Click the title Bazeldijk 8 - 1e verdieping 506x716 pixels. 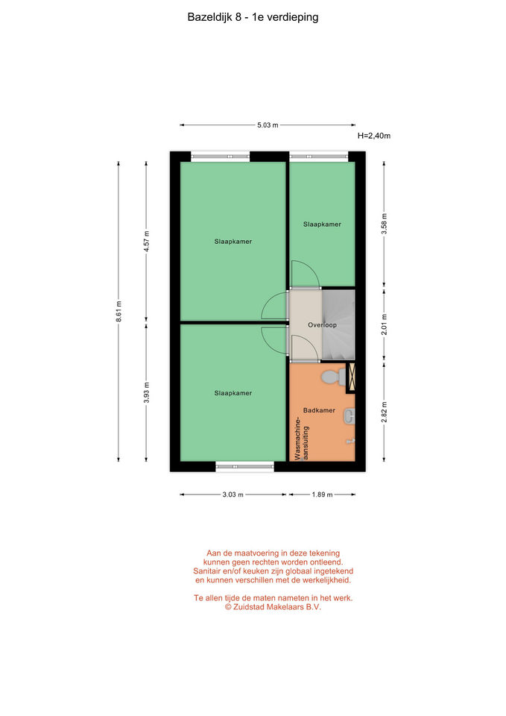tap(253, 17)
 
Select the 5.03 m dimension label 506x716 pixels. tap(268, 125)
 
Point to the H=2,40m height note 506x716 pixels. tap(373, 136)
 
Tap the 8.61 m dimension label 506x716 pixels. tap(118, 311)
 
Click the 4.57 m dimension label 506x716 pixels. tap(146, 241)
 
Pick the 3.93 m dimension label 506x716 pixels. tap(146, 393)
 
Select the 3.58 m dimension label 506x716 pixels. tap(384, 224)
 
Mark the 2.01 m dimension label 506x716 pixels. tap(384, 324)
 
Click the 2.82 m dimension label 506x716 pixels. tap(384, 412)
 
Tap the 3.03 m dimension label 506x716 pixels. tap(233, 494)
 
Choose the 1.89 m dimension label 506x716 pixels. tap(322, 494)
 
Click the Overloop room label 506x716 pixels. tap(322, 325)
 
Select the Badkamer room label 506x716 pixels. tap(319, 410)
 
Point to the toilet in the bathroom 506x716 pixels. tap(334, 377)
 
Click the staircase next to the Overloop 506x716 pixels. tap(338, 324)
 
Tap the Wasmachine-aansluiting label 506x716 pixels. tap(302, 439)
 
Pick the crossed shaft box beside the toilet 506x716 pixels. tap(351, 377)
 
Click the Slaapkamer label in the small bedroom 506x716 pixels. tap(322, 224)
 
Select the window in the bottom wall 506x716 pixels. tap(244, 466)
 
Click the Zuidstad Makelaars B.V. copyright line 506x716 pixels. tap(273, 607)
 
